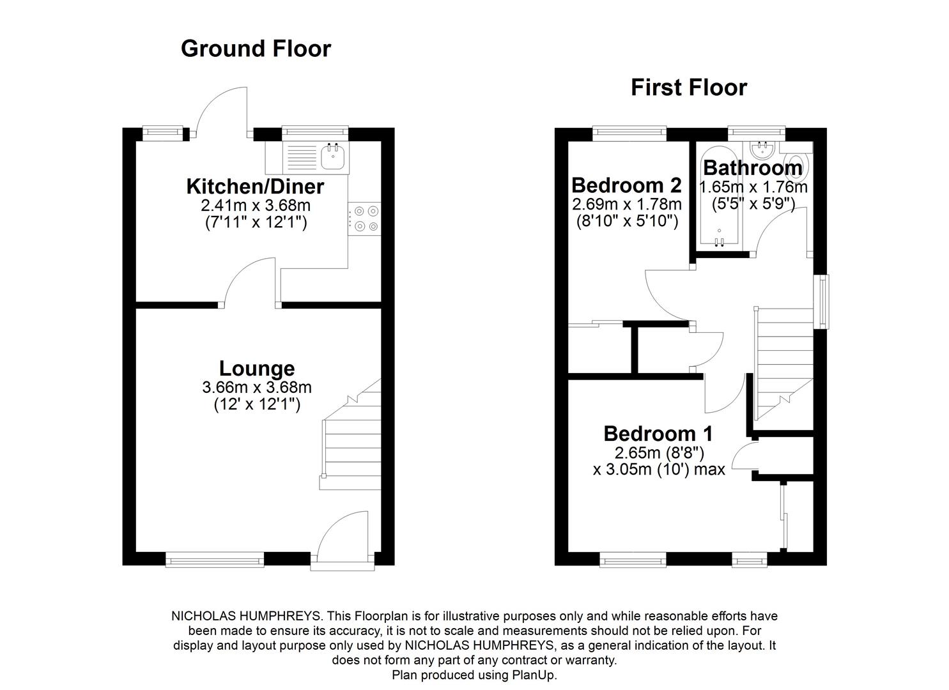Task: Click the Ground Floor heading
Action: pyautogui.click(x=256, y=49)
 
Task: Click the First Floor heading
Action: pyautogui.click(x=688, y=88)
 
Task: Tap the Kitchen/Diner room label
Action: pyautogui.click(x=255, y=187)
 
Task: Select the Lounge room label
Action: pyautogui.click(x=257, y=369)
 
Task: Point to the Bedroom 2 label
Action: pyautogui.click(x=626, y=185)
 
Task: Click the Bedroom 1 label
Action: pyautogui.click(x=658, y=434)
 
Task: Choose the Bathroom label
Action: pyautogui.click(x=752, y=168)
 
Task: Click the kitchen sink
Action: pyautogui.click(x=333, y=157)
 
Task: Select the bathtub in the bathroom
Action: pyautogui.click(x=719, y=198)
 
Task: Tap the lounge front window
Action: pyautogui.click(x=215, y=560)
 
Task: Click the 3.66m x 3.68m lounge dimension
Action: pyautogui.click(x=257, y=387)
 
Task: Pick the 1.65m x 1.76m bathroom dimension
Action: pyautogui.click(x=753, y=187)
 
